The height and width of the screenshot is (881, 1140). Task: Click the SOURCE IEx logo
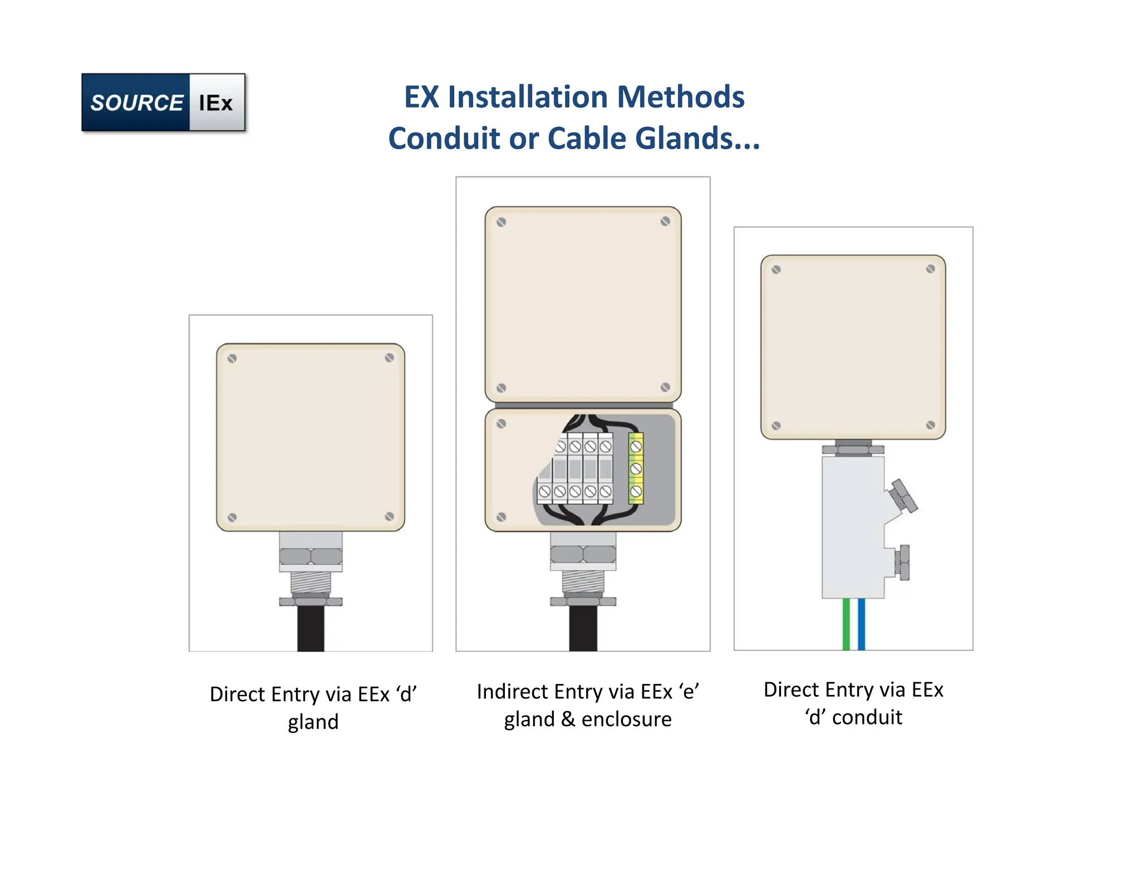[x=163, y=102]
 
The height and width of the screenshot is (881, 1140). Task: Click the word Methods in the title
[x=680, y=97]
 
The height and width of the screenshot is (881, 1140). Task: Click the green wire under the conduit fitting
[x=846, y=624]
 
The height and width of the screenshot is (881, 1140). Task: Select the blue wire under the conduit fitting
[x=861, y=624]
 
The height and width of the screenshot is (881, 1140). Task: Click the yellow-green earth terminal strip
[x=636, y=468]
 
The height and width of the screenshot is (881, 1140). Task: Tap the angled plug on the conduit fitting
[x=902, y=496]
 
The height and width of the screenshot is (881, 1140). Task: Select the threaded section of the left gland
[x=311, y=583]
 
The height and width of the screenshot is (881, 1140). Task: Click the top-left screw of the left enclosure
[x=232, y=359]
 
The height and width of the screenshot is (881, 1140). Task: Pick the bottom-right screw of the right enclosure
[x=930, y=425]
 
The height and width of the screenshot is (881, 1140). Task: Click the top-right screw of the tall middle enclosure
[x=665, y=222]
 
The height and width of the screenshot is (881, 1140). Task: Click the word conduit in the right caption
[x=867, y=717]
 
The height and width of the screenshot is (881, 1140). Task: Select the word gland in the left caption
[x=313, y=722]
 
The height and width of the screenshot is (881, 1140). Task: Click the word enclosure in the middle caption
[x=626, y=720]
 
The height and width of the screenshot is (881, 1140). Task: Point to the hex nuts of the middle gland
[x=583, y=554]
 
